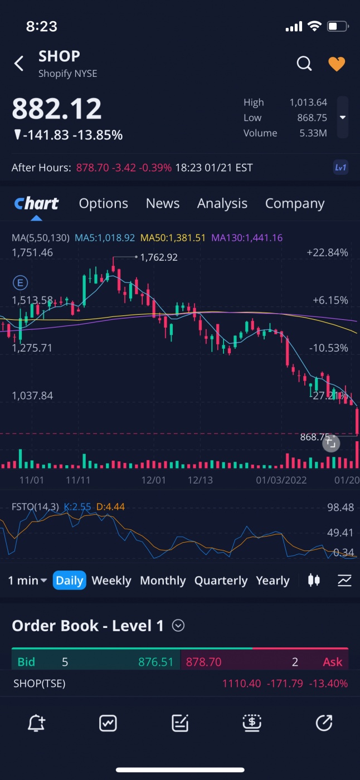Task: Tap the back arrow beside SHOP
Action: [19, 64]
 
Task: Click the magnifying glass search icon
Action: [304, 64]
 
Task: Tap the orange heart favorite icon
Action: [337, 64]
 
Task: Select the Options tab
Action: [104, 203]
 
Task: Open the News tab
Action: [163, 203]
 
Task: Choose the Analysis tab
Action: [222, 203]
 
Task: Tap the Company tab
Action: [295, 203]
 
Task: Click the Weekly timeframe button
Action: [111, 581]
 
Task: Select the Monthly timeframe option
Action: [163, 581]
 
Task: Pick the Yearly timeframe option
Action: [273, 581]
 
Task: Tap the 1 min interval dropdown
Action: [27, 581]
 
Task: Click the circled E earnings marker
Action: [20, 283]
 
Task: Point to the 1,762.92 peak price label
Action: [159, 257]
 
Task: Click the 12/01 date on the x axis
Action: [154, 480]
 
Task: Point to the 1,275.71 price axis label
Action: [32, 348]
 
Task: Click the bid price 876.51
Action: [155, 662]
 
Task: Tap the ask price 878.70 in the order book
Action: [203, 662]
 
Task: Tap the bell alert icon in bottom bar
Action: [36, 723]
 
